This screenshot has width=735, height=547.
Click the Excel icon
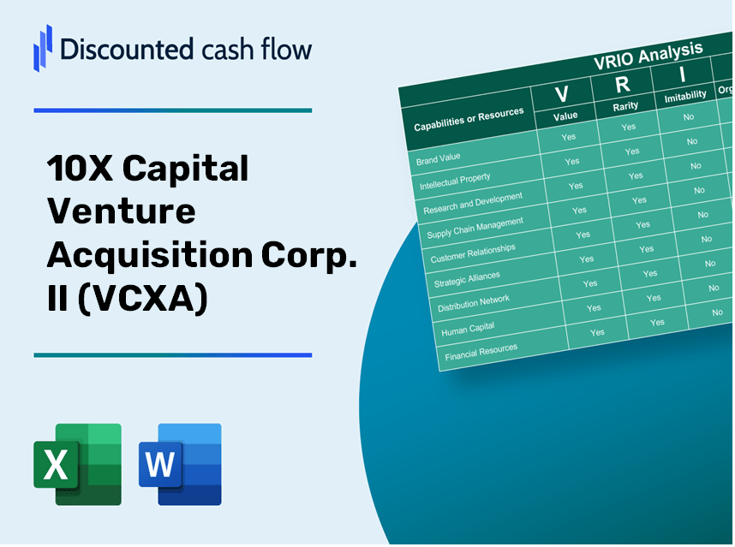pos(77,465)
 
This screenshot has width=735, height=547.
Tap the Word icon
pos(180,465)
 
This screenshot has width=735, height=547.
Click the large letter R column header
pos(623,84)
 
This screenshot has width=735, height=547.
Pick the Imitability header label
pos(685,95)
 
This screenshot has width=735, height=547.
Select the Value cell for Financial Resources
pos(597,332)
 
